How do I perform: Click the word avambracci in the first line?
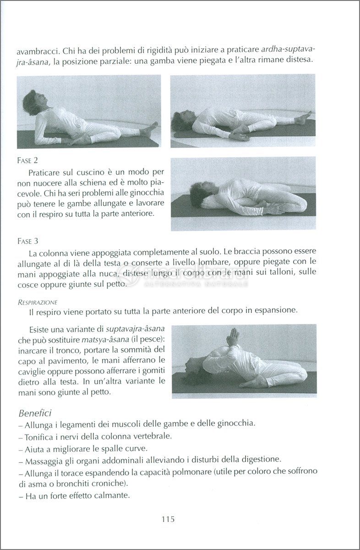(x=37, y=49)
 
